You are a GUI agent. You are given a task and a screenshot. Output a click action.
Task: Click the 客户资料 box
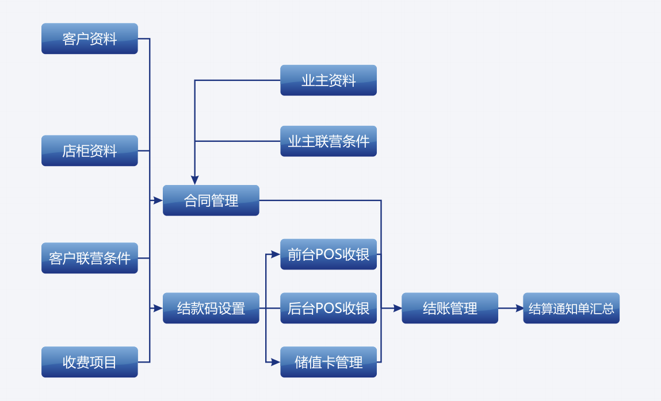pyautogui.click(x=90, y=38)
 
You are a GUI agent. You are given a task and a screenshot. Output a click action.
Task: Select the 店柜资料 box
pyautogui.click(x=90, y=151)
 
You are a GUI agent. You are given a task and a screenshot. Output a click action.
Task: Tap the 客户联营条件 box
pyautogui.click(x=90, y=258)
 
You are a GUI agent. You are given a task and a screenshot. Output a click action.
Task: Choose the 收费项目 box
pyautogui.click(x=90, y=362)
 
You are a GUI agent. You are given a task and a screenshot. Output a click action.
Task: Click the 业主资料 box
pyautogui.click(x=328, y=80)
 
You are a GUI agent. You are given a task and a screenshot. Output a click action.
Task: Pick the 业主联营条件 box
pyautogui.click(x=328, y=141)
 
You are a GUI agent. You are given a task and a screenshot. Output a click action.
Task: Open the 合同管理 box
pyautogui.click(x=211, y=200)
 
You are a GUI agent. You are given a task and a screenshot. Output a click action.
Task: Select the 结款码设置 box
pyautogui.click(x=211, y=308)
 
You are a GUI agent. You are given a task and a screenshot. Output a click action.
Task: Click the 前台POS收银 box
pyautogui.click(x=328, y=254)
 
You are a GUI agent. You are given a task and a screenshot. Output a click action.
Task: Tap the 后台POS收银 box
pyautogui.click(x=328, y=308)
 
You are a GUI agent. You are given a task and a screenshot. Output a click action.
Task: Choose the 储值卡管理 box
pyautogui.click(x=328, y=362)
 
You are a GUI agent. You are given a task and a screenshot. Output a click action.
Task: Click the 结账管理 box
pyautogui.click(x=450, y=308)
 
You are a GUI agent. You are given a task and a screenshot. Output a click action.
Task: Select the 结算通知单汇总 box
pyautogui.click(x=571, y=308)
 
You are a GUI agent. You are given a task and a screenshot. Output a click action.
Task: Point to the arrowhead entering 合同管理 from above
pyautogui.click(x=195, y=180)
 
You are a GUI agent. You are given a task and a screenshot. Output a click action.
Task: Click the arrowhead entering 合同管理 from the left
pyautogui.click(x=158, y=200)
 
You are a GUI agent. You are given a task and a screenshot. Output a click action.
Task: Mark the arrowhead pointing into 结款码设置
pyautogui.click(x=158, y=308)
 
